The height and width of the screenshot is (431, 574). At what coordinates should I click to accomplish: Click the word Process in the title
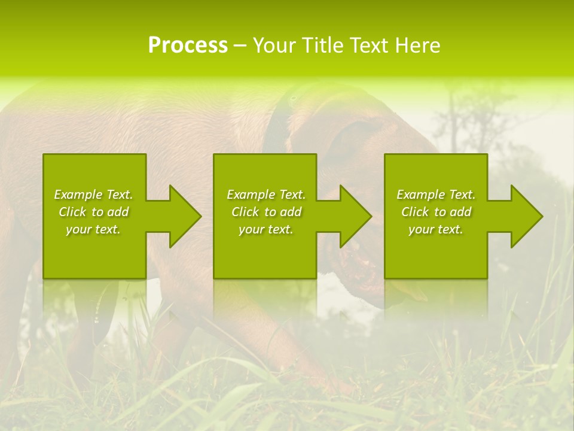188,45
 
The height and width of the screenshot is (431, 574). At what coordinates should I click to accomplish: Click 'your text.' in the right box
436,229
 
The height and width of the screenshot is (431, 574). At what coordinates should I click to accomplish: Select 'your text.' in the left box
93,229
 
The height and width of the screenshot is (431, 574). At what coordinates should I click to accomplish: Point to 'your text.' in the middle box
266,229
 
